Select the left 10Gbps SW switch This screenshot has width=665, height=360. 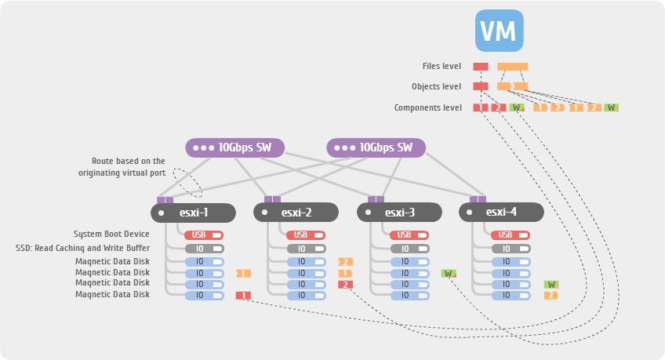234,147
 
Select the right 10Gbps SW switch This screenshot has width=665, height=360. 376,147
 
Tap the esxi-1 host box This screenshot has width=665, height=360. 193,212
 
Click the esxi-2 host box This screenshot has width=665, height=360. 296,212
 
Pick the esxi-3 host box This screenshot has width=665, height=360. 399,212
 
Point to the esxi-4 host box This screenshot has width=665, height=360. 501,212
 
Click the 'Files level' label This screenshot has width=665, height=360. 442,67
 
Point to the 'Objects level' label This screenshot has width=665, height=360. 436,86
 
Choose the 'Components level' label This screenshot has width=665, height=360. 427,107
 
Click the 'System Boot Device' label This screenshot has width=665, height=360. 111,234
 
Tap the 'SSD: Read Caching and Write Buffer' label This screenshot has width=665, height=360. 82,248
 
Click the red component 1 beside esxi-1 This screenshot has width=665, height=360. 243,296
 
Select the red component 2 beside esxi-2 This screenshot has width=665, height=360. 346,284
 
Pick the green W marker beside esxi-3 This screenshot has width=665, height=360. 449,273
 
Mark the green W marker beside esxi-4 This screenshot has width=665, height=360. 551,284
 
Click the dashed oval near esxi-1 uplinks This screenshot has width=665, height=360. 187,182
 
